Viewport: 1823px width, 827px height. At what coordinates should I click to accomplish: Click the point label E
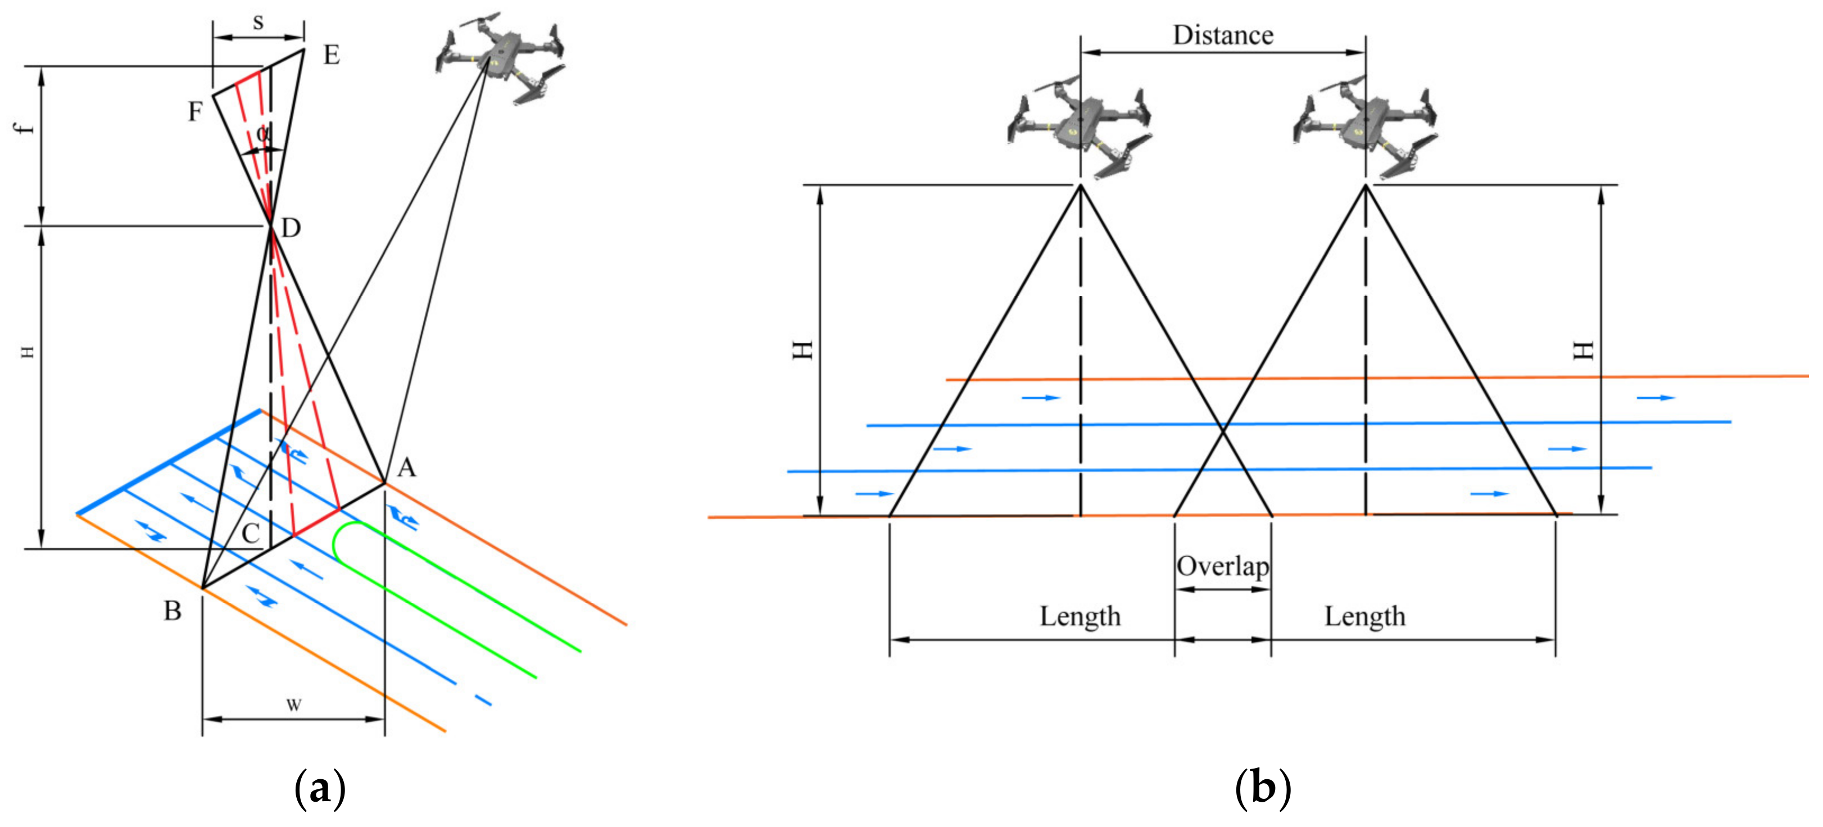(331, 55)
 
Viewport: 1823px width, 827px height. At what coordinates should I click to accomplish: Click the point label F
(196, 112)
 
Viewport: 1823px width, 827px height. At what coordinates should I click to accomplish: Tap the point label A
(406, 467)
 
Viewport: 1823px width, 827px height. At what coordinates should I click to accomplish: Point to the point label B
(173, 611)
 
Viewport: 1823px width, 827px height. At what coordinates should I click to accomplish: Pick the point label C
(251, 533)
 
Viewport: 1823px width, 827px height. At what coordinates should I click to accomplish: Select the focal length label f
(25, 128)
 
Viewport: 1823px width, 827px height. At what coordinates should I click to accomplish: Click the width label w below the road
(294, 704)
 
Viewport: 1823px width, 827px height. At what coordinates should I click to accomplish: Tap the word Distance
(1223, 35)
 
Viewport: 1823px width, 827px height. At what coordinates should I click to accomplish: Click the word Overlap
(1223, 566)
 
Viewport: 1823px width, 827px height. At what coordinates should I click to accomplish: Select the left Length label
(1080, 616)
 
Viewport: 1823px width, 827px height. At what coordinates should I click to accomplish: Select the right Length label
(1364, 616)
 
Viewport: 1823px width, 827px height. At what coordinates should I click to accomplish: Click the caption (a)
(320, 787)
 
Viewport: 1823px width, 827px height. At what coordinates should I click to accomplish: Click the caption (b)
(1263, 787)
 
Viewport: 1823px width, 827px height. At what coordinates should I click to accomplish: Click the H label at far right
(1582, 350)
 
